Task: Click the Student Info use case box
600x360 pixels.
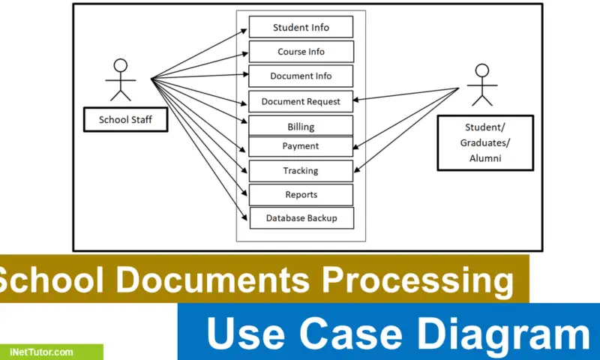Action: [301, 28]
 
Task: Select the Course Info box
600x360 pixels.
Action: [301, 52]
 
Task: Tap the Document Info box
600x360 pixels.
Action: [301, 76]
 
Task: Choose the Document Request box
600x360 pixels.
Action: [301, 101]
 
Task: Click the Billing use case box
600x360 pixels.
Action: [301, 126]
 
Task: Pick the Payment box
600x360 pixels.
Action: [301, 146]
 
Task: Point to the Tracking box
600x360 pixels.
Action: [301, 170]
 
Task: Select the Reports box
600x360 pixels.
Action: [301, 194]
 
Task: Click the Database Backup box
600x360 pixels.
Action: [301, 218]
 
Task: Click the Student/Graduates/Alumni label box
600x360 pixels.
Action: [485, 142]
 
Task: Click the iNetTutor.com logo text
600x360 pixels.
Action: [41, 352]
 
